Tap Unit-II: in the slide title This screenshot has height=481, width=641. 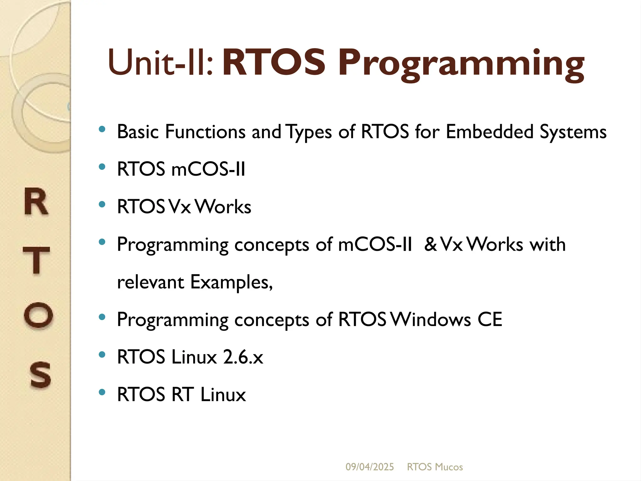coord(161,63)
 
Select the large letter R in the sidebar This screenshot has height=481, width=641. coord(36,202)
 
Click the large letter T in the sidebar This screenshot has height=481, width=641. coord(36,260)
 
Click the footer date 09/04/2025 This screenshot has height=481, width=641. coord(369,467)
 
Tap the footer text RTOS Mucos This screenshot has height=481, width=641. coord(434,467)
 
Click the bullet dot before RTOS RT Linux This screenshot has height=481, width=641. coord(102,392)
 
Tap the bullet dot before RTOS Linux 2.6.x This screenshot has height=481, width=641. coord(102,354)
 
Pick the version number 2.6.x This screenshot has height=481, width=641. coord(243,357)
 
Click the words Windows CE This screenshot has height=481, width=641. coord(447,319)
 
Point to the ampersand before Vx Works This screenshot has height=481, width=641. coord(431,244)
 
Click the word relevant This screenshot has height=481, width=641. coord(150,282)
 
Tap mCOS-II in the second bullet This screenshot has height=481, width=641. coord(208,169)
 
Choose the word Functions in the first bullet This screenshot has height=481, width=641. coord(205,132)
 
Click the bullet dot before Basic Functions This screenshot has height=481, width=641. coord(102,129)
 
